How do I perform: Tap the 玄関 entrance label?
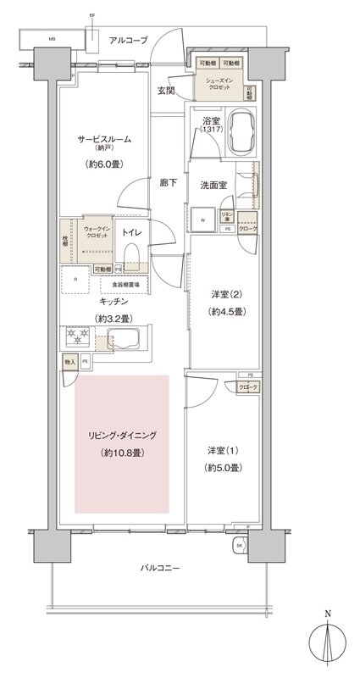pyautogui.click(x=166, y=92)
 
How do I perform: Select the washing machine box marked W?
pyautogui.click(x=203, y=219)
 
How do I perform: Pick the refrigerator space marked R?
pyautogui.click(x=76, y=281)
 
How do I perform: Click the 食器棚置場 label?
pyautogui.click(x=126, y=286)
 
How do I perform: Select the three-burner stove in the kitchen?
pyautogui.click(x=77, y=339)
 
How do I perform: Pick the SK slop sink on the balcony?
pyautogui.click(x=240, y=545)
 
